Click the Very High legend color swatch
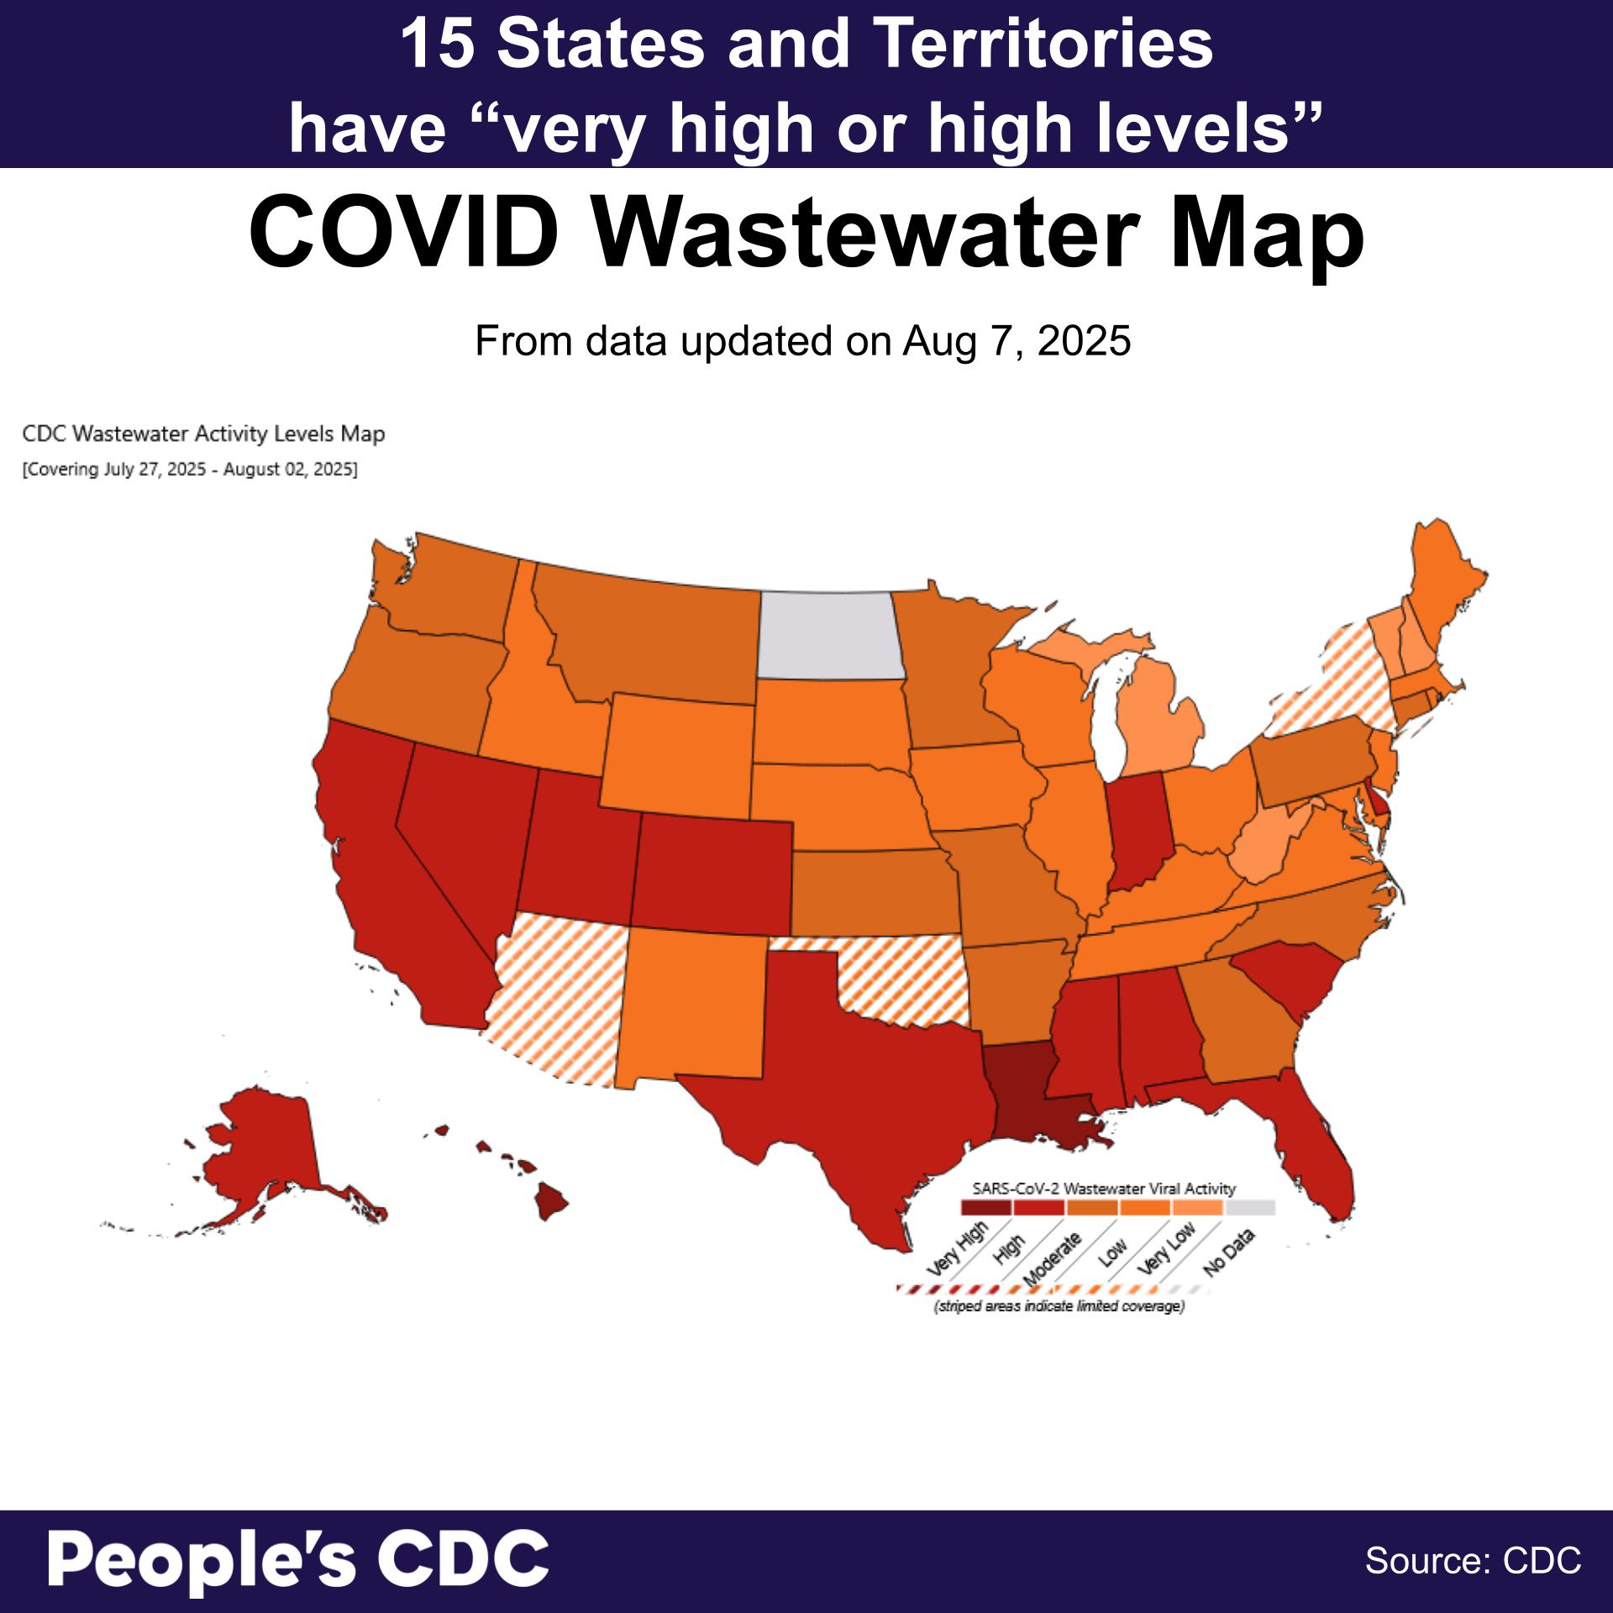985,1208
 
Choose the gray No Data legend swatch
1250,1208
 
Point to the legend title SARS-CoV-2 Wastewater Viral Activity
1103,1189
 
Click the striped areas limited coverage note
1059,1307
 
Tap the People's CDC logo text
298,1559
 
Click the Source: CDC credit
1473,1560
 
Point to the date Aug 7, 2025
1017,341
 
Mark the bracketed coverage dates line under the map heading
190,470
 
